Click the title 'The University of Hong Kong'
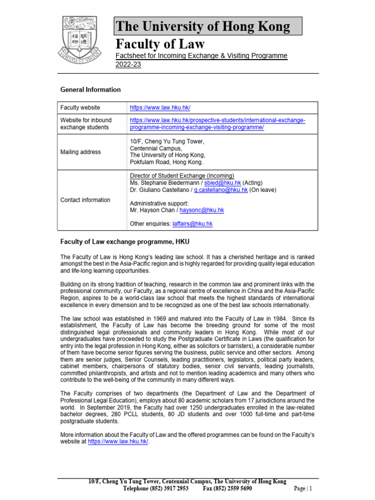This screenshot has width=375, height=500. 202,26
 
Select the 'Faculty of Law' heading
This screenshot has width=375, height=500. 160,44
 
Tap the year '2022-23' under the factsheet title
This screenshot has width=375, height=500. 128,65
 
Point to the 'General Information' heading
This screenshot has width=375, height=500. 90,90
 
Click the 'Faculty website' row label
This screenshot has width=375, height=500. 80,107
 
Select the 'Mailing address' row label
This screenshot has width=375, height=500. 81,152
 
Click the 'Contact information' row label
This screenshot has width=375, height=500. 85,200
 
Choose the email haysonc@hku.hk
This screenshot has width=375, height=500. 202,210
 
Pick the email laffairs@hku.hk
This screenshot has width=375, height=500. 192,224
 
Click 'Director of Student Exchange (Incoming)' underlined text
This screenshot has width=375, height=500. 182,176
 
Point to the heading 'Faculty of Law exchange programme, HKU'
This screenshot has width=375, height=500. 125,242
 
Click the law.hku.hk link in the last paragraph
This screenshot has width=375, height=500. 118,441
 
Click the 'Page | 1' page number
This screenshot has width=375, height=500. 303,488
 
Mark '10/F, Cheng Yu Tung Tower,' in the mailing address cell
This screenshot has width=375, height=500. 167,142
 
